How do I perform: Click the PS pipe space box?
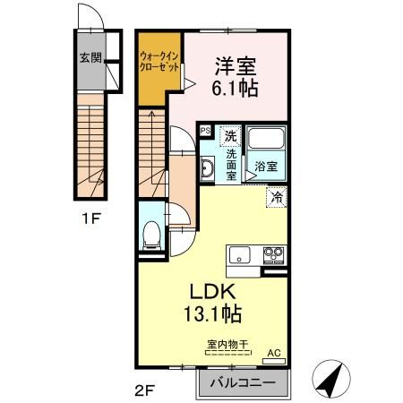tap(205, 131)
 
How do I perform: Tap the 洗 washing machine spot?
tap(230, 136)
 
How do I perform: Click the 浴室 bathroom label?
tap(265, 166)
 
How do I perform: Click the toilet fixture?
tap(151, 235)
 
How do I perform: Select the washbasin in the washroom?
tap(207, 168)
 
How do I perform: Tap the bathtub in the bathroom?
tap(266, 140)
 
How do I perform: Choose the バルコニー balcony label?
tap(241, 383)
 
